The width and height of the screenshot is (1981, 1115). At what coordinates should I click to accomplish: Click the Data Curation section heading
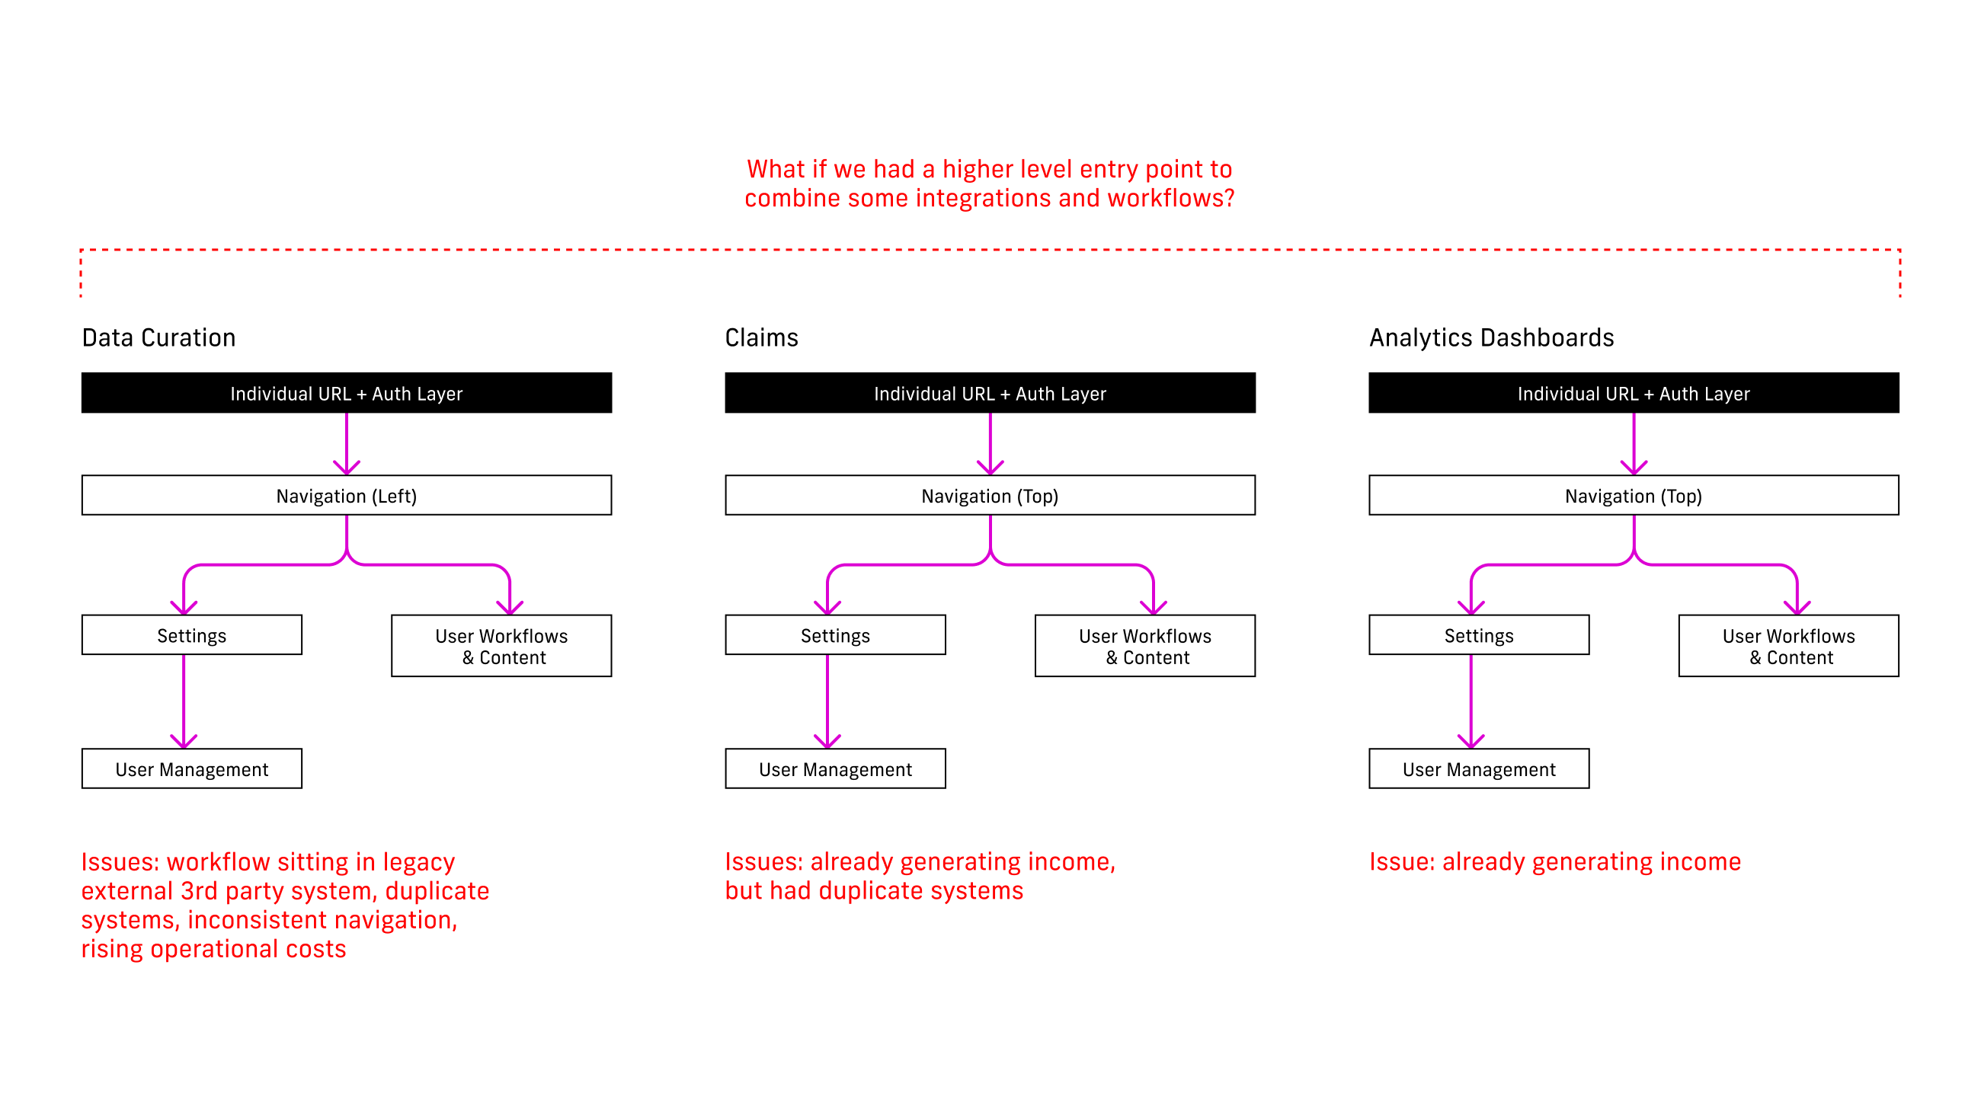158,337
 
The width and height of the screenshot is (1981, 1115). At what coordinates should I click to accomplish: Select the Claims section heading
761,337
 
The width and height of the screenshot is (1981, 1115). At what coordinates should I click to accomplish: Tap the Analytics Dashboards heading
1491,337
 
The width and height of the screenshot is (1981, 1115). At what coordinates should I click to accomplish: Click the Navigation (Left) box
347,495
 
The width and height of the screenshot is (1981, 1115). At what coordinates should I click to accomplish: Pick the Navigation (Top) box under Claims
990,495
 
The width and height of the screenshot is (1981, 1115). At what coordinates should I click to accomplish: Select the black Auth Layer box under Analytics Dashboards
1634,393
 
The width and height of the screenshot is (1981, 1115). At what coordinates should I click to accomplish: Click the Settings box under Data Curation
191,635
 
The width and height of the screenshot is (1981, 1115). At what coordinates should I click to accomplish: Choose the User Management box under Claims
835,769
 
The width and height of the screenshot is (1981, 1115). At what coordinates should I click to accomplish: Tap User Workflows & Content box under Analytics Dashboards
1788,646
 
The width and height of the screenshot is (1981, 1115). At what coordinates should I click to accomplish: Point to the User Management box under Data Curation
191,769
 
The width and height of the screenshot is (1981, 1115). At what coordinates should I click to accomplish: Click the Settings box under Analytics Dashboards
1479,635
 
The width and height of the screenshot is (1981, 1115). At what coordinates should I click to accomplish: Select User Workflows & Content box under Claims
1145,646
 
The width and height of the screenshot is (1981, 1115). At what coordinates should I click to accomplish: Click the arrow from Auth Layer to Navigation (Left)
347,444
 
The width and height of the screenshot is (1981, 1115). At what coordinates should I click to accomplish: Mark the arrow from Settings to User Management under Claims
827,701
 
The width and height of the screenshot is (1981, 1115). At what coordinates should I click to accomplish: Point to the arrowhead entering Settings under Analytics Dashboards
1471,608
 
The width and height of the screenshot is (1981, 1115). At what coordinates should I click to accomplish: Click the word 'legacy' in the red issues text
418,862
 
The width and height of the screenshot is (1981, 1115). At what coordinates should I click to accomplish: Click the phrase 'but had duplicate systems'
874,890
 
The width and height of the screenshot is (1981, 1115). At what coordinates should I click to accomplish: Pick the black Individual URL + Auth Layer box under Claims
990,393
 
